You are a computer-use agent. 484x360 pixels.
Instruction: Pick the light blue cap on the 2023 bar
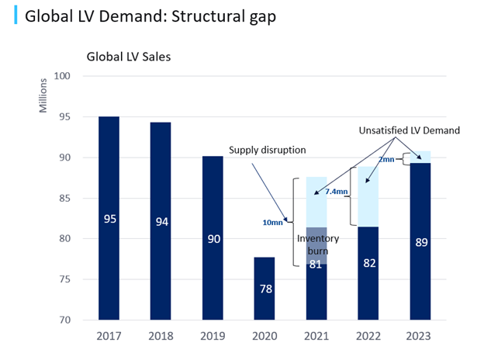(x=420, y=157)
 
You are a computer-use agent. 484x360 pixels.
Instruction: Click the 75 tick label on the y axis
(x=64, y=279)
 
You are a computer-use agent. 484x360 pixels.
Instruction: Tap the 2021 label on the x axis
(x=316, y=337)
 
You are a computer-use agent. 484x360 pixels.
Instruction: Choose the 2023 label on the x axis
(x=420, y=337)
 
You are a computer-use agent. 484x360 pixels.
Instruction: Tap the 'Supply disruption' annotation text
(x=266, y=151)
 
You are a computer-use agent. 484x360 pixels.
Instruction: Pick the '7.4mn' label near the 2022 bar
(x=336, y=190)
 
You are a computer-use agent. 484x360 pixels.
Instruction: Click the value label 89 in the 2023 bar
(x=420, y=241)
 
